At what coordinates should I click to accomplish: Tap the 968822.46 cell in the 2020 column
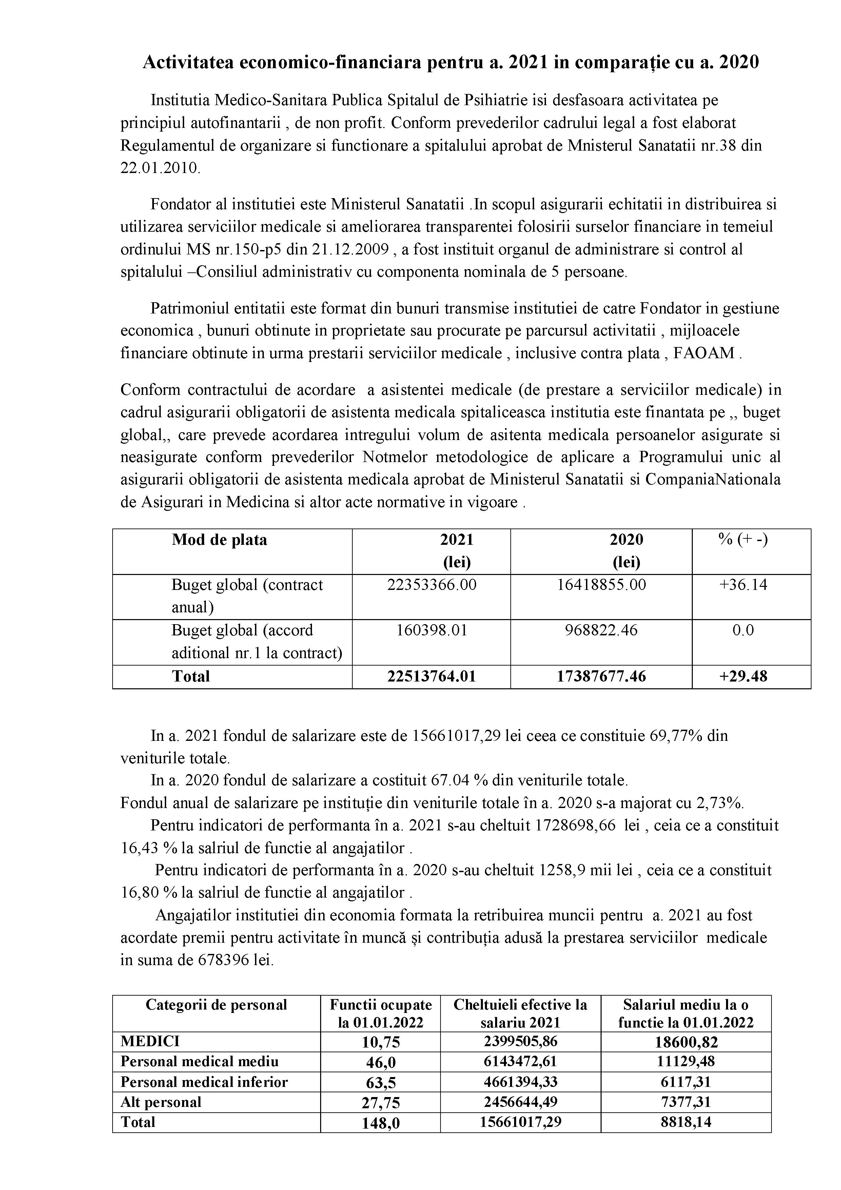click(601, 630)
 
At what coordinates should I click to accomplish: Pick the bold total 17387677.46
click(601, 676)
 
